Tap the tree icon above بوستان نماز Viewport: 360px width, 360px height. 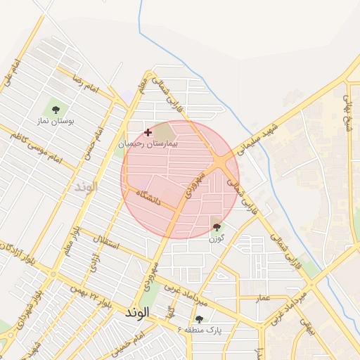56,109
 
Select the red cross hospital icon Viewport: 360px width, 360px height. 148,132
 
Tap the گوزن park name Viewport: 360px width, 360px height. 215,239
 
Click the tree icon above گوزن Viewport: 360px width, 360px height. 216,227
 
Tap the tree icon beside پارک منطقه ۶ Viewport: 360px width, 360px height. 199,319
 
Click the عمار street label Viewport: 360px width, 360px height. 262,298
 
